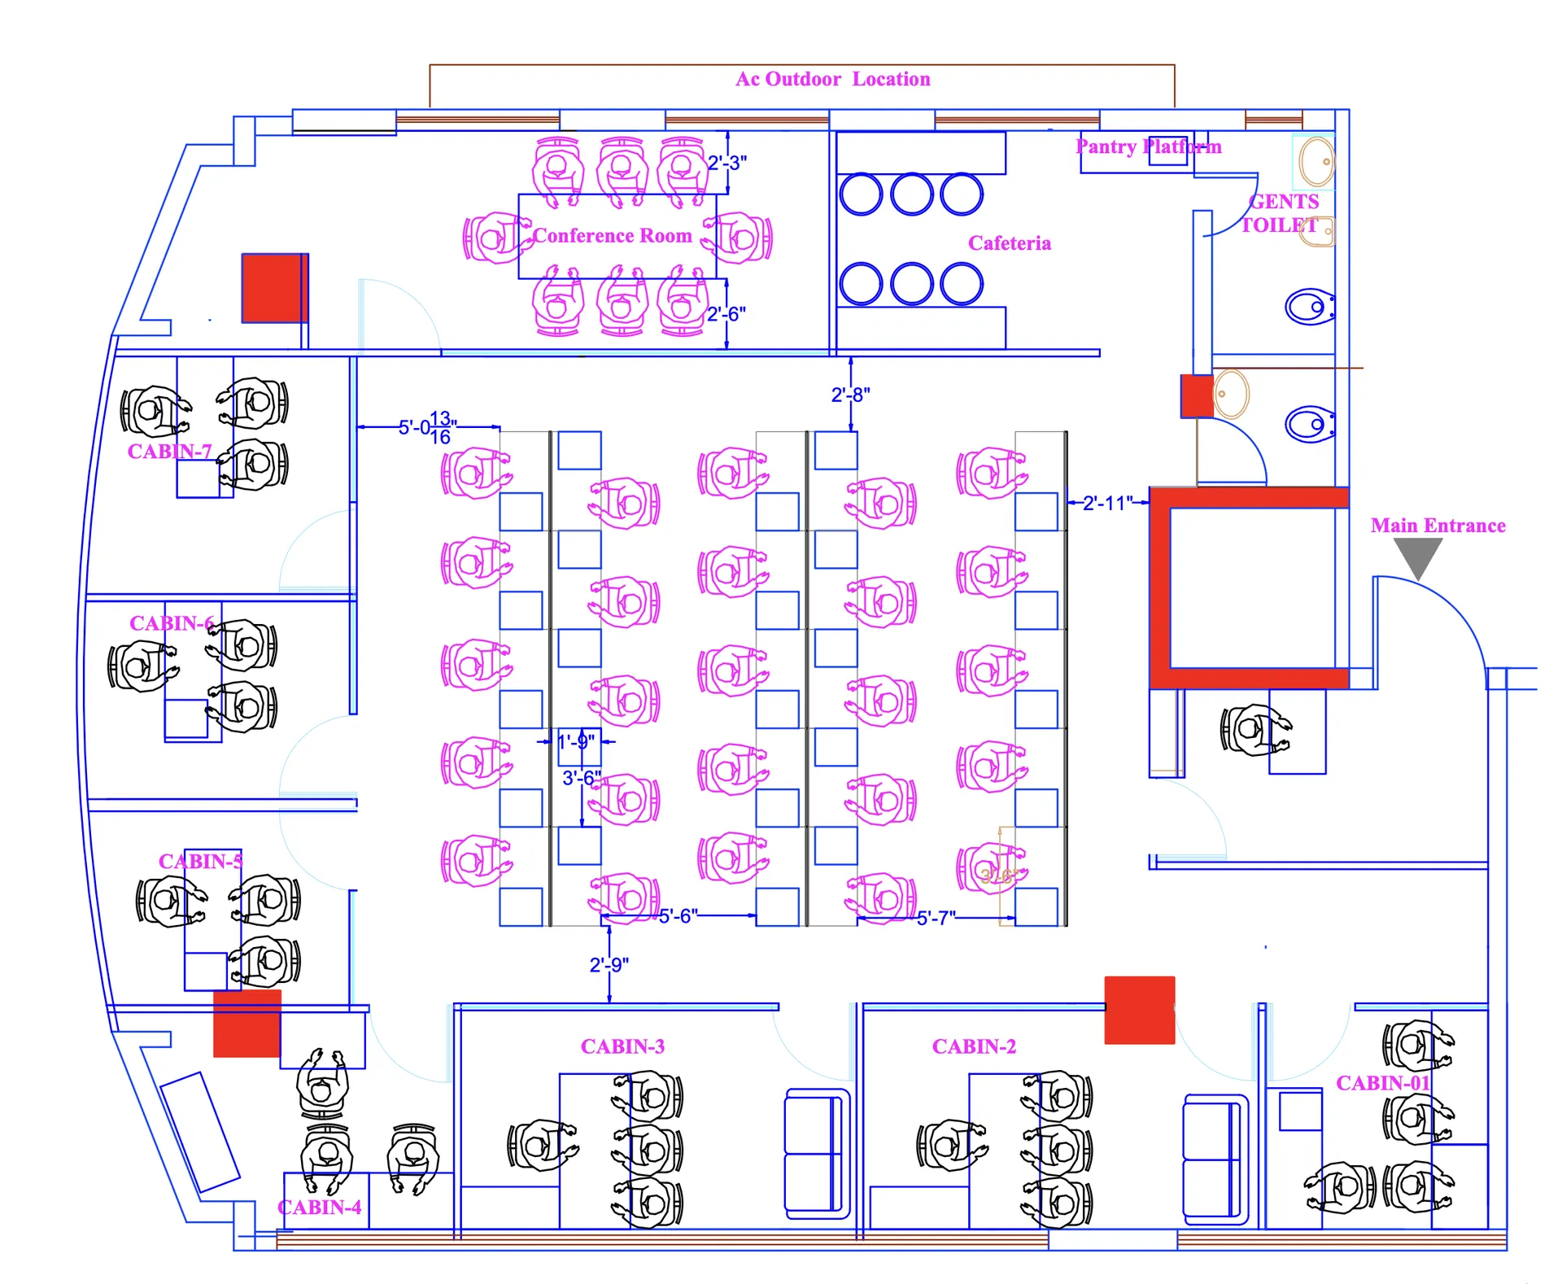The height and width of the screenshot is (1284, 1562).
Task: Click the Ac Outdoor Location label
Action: [832, 79]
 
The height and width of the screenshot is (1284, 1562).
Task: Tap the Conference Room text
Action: [612, 236]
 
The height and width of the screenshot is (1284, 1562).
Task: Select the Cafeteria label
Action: [1009, 243]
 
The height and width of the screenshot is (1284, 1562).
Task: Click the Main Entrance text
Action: [1438, 526]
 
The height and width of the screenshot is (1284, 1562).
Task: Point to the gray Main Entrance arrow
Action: [1418, 557]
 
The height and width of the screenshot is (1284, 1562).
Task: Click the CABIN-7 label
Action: [169, 452]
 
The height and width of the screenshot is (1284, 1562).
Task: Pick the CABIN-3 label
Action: [622, 1046]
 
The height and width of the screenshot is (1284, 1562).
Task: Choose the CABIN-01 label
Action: [1382, 1083]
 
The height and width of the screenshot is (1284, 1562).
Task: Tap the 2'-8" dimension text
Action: [850, 395]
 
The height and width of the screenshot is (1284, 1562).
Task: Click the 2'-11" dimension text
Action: [1107, 503]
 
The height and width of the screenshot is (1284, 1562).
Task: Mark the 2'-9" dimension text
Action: [609, 965]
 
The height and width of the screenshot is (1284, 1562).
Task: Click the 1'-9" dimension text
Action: [575, 741]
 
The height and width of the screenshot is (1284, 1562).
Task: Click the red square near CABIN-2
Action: [1139, 1010]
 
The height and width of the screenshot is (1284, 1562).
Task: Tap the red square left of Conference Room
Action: [275, 288]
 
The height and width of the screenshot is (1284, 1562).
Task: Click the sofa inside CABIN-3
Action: [815, 1153]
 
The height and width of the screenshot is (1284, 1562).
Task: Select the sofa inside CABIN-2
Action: [1214, 1159]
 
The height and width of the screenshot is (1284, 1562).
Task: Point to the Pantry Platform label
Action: [1148, 146]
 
